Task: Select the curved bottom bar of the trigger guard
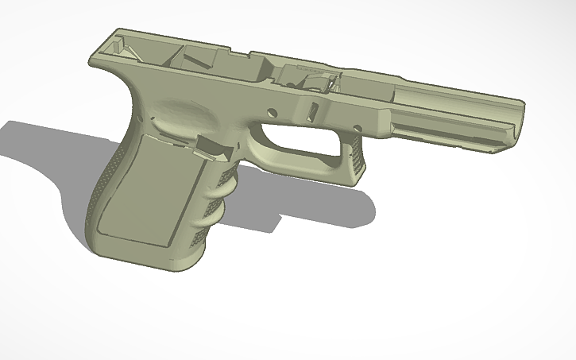coord(302,166)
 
